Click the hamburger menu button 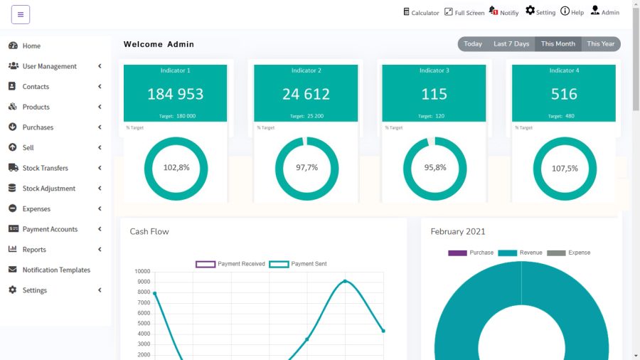(x=21, y=15)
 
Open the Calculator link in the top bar (x=421, y=12)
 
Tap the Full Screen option (x=464, y=12)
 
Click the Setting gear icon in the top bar (x=530, y=11)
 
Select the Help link (x=572, y=12)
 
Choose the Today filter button (x=473, y=44)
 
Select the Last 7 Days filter (x=511, y=44)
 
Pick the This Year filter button (x=601, y=44)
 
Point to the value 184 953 (x=175, y=95)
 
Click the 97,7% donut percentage (x=307, y=167)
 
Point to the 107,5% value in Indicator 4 (x=565, y=168)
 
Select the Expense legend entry (x=569, y=253)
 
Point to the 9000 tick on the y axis (x=144, y=282)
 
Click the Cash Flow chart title (x=149, y=231)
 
